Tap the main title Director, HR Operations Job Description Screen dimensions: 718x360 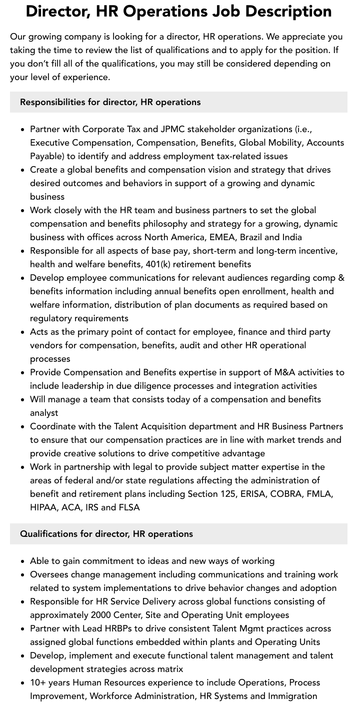pos(179,12)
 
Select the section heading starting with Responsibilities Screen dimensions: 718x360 pos(110,102)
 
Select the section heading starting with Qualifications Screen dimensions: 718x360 pos(106,534)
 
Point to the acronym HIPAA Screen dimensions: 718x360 pos(43,507)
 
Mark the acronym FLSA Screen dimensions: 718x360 pos(129,507)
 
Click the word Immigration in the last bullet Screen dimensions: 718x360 pos(292,696)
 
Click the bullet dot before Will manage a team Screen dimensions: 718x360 pos(23,400)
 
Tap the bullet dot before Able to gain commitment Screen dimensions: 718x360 pos(23,561)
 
